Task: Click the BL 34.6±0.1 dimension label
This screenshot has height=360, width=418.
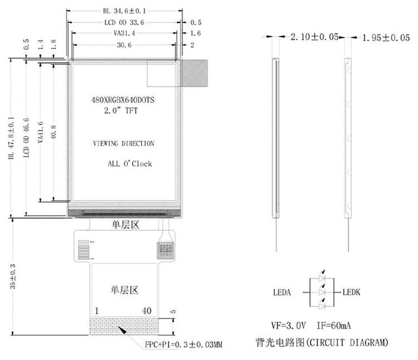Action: click(x=124, y=11)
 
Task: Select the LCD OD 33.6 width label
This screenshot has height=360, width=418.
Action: click(x=124, y=22)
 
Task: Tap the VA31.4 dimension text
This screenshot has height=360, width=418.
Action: click(x=124, y=33)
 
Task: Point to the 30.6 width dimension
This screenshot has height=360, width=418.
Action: click(x=124, y=45)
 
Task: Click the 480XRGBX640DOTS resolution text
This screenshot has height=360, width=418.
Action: click(x=123, y=100)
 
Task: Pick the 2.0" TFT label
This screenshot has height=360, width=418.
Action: click(x=121, y=110)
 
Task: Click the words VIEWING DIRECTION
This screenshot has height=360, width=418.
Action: click(x=123, y=143)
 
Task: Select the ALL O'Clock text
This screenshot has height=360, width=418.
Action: click(x=130, y=163)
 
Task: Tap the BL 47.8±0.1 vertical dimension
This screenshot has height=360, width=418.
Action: click(x=11, y=138)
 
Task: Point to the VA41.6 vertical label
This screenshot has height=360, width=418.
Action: click(x=40, y=132)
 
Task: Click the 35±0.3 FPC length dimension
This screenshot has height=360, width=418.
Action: click(x=12, y=276)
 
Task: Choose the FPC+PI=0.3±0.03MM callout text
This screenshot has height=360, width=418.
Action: click(x=183, y=344)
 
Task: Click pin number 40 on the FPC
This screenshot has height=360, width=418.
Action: click(x=147, y=311)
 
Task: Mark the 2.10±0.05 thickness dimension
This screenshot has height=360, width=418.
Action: click(x=314, y=37)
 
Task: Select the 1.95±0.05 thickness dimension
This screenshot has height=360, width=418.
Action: click(x=386, y=37)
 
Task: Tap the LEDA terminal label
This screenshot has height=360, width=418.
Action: click(x=282, y=293)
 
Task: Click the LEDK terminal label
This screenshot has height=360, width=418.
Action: click(x=351, y=293)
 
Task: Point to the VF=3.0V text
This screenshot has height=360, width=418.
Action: click(x=288, y=325)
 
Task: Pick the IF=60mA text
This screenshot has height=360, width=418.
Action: click(x=333, y=325)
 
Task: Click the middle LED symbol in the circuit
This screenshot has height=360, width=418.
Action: click(x=322, y=291)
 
